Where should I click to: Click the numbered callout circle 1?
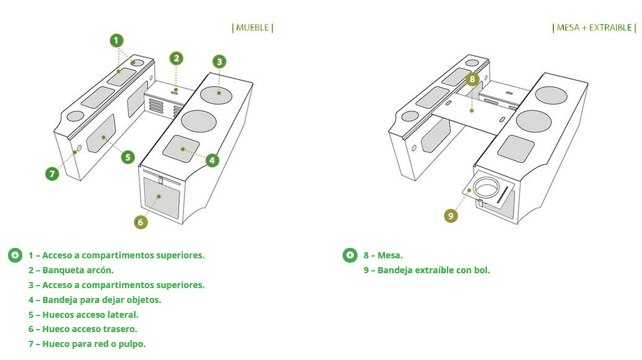[x=117, y=41]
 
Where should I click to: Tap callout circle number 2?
[x=177, y=58]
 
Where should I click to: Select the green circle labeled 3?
[x=219, y=61]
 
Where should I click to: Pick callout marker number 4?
[x=212, y=160]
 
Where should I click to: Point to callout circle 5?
[x=128, y=157]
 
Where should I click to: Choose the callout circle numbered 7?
[x=52, y=173]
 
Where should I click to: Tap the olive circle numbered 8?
[x=472, y=79]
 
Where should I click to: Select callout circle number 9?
[x=451, y=216]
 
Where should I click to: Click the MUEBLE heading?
[x=252, y=27]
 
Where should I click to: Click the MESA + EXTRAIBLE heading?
[x=594, y=27]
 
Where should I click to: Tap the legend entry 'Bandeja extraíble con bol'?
[x=427, y=270]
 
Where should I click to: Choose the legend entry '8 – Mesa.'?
[x=383, y=255]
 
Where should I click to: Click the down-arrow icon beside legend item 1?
[x=15, y=255]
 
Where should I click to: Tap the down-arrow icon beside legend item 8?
[x=350, y=255]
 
